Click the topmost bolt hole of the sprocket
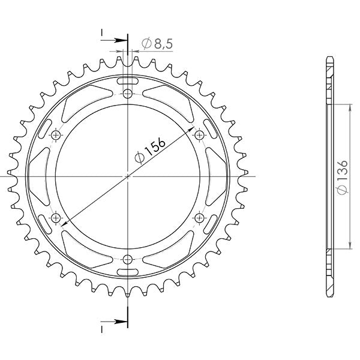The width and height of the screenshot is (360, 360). (128, 94)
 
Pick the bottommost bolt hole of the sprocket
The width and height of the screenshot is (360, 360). (128, 259)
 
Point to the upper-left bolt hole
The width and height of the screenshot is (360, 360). (56, 135)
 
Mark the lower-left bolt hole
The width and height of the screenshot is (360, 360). (56, 217)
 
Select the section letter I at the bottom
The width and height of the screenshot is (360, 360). (102, 329)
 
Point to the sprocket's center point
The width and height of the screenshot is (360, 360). (128, 176)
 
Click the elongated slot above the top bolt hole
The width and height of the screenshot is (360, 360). (128, 80)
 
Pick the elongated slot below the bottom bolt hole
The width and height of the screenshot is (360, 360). (128, 273)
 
